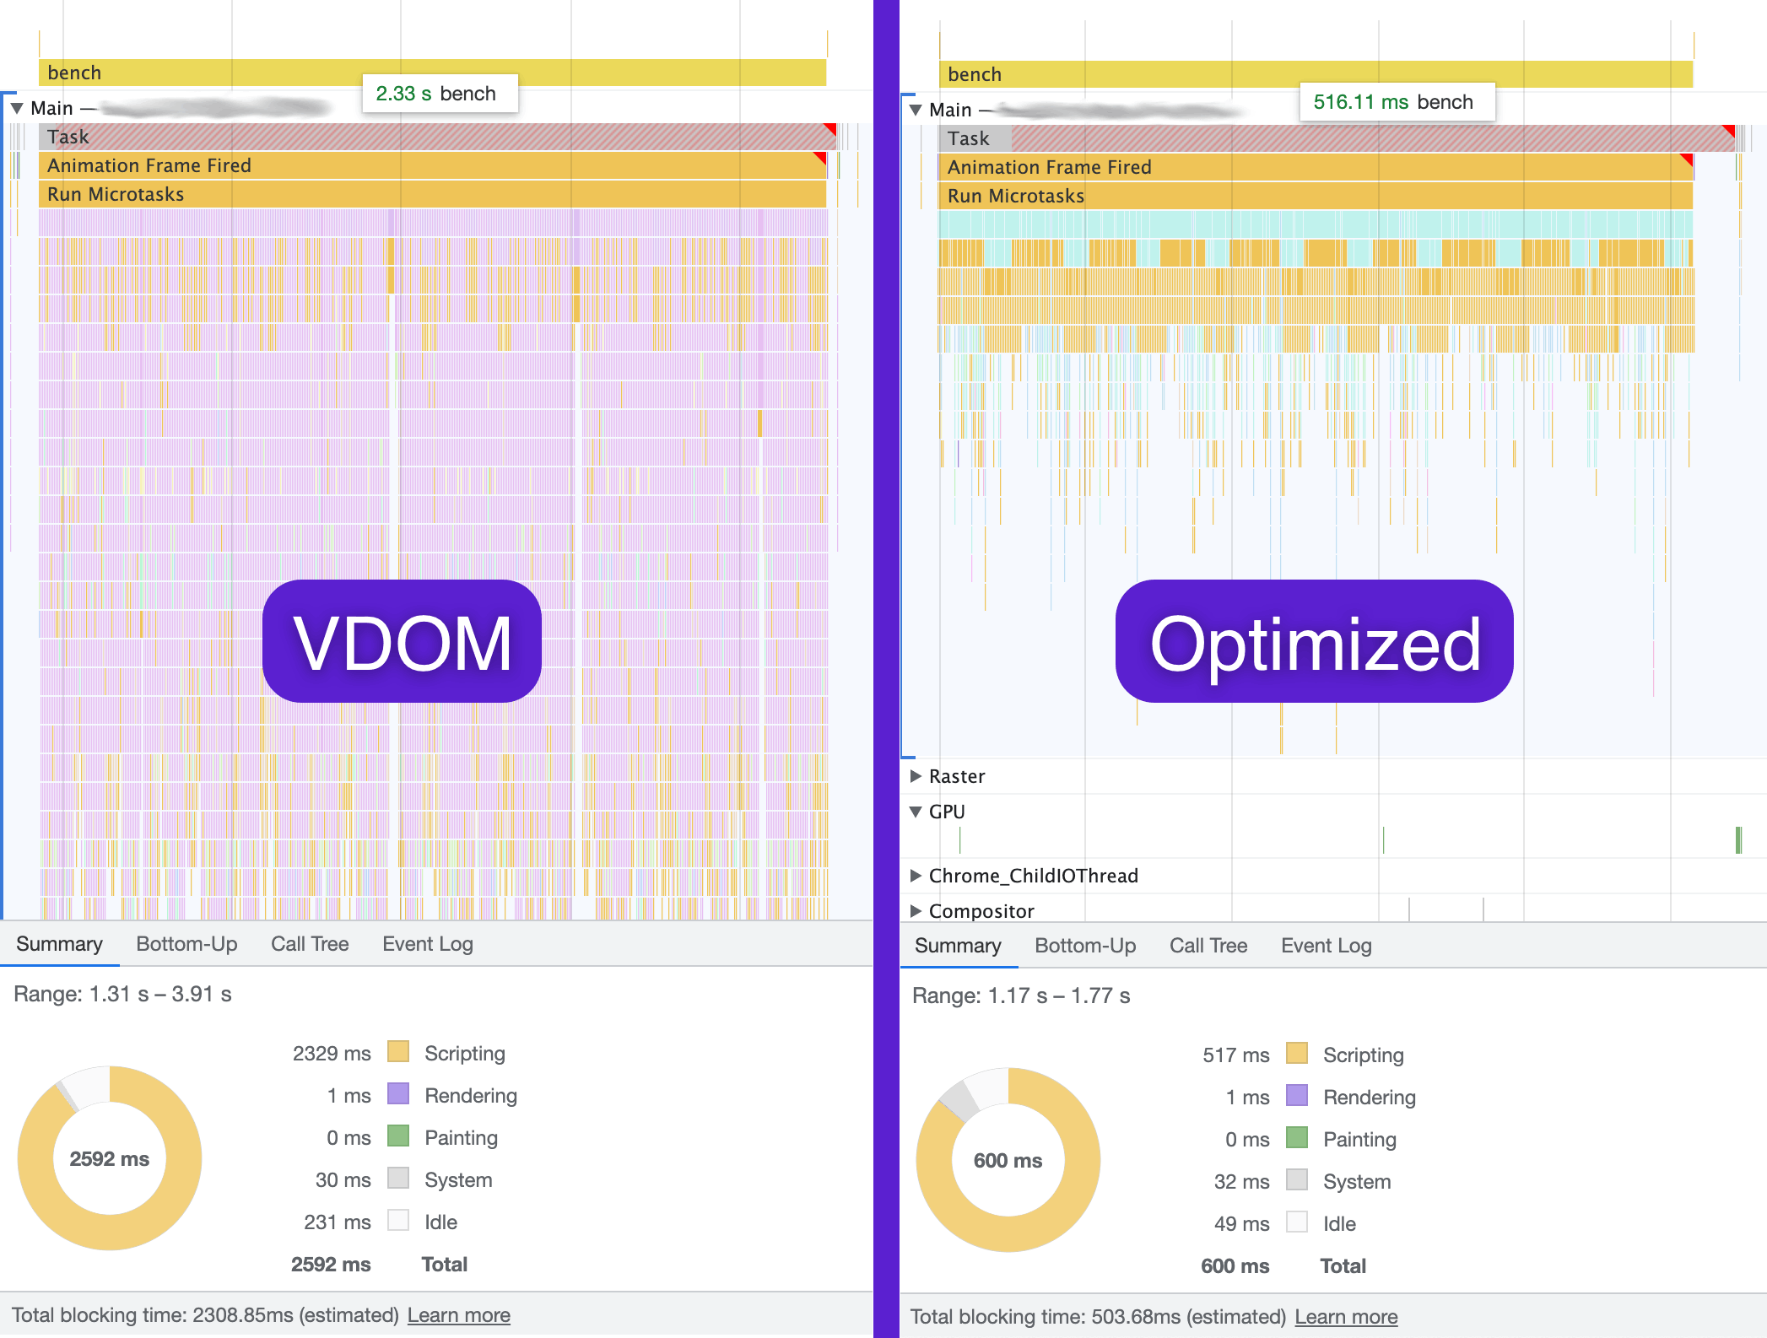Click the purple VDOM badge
pyautogui.click(x=402, y=641)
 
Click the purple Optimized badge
pyautogui.click(x=1314, y=641)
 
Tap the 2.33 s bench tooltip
pyautogui.click(x=439, y=94)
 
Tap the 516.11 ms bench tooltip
pyautogui.click(x=1396, y=102)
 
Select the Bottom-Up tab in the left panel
pyautogui.click(x=186, y=944)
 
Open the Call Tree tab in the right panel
pyautogui.click(x=1208, y=946)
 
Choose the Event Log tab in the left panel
pyautogui.click(x=427, y=944)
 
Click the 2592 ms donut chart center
pyautogui.click(x=110, y=1158)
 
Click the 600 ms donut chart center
pyautogui.click(x=1008, y=1160)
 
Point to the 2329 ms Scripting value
pyautogui.click(x=332, y=1054)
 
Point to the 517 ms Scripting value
pyautogui.click(x=1235, y=1055)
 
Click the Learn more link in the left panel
pyautogui.click(x=458, y=1315)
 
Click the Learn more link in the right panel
pyautogui.click(x=1346, y=1317)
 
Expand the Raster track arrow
pyautogui.click(x=916, y=776)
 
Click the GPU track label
pyautogui.click(x=947, y=812)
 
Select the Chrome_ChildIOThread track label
pyautogui.click(x=1033, y=876)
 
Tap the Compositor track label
pyautogui.click(x=981, y=911)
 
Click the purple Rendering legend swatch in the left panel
pyautogui.click(x=398, y=1094)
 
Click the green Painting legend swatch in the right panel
pyautogui.click(x=1297, y=1138)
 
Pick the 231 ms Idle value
pyautogui.click(x=338, y=1222)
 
